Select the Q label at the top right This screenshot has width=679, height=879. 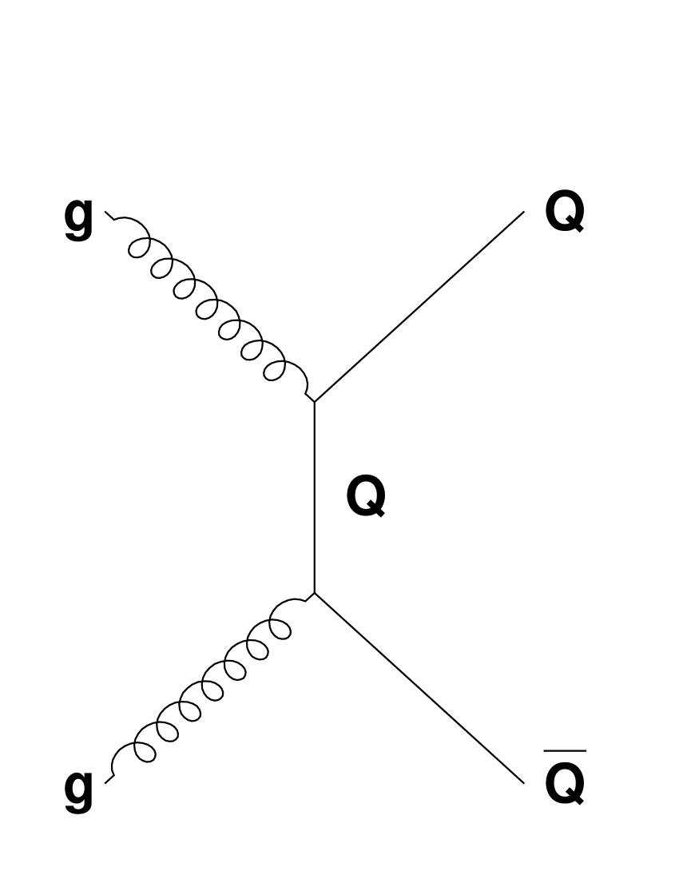coord(564,213)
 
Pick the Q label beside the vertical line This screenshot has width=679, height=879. coord(365,496)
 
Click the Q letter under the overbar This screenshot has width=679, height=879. coord(564,781)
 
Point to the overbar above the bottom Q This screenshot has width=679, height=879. coord(564,751)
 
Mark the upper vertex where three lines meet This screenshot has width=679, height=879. coord(315,402)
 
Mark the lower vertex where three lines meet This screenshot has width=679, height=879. coord(315,593)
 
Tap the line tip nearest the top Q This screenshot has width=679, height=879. coord(523,213)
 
